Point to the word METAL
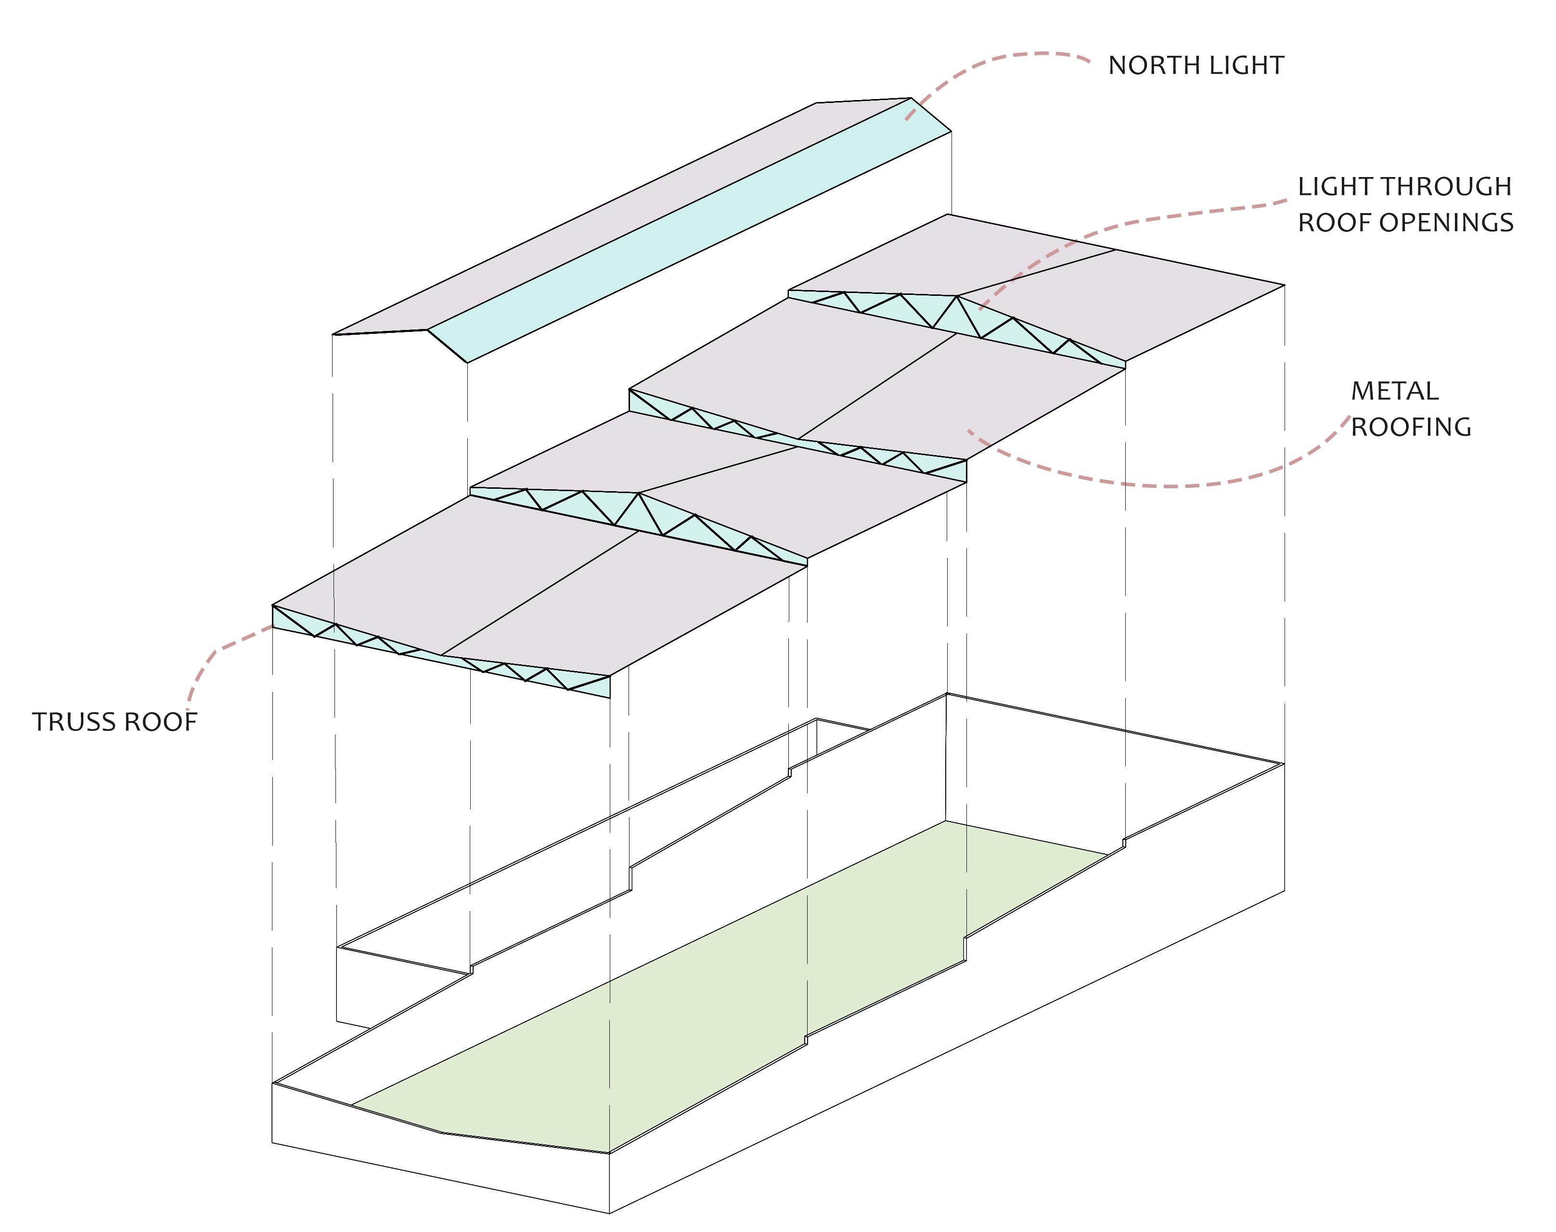coord(1394,392)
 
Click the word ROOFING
coord(1410,428)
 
